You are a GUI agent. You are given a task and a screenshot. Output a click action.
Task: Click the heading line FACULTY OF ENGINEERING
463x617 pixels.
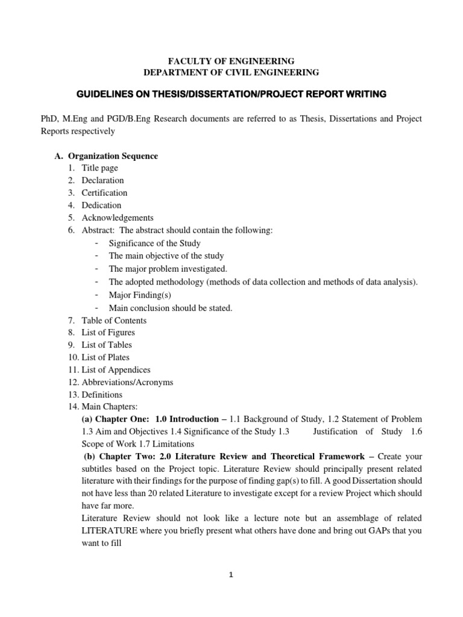231,61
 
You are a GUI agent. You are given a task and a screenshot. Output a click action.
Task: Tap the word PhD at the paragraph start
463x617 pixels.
48,119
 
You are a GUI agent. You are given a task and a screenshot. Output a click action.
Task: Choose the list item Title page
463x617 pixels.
100,168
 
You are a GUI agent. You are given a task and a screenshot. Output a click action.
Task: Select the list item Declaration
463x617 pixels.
103,180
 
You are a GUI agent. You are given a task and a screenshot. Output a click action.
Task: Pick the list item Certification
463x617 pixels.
105,193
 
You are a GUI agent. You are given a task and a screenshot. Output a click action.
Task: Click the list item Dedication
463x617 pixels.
102,205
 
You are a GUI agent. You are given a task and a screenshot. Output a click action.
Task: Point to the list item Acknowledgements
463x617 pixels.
118,218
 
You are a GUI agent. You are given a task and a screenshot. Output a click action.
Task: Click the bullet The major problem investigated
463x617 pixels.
168,268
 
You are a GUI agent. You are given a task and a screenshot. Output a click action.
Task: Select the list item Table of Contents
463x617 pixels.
114,321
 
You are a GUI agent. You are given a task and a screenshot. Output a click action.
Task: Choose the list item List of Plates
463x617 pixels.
106,357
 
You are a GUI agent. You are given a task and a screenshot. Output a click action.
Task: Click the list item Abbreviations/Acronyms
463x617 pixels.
127,382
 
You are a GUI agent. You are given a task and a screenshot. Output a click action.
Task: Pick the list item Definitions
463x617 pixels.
102,395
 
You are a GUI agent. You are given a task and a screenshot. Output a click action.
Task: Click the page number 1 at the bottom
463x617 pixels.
231,575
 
